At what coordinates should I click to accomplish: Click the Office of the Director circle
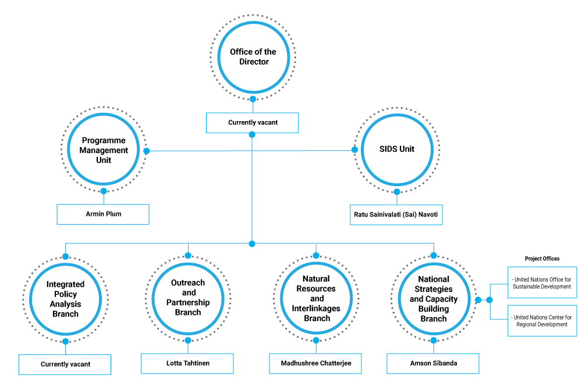pos(253,56)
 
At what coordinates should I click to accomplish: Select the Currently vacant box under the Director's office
pos(253,123)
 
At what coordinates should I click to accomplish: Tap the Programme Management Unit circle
pos(104,150)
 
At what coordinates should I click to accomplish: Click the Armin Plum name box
pos(103,214)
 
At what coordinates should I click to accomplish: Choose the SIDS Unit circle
pos(396,150)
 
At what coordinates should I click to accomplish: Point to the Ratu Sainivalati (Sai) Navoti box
pos(396,215)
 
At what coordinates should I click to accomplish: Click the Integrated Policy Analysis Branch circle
pos(65,299)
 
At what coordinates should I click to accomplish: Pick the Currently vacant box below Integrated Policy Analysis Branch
pos(65,364)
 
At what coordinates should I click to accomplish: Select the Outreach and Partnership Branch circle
pos(188,297)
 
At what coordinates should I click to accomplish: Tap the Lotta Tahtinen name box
pos(187,363)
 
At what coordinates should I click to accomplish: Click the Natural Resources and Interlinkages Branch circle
pos(317,298)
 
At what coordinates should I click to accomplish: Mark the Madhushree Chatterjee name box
pos(316,363)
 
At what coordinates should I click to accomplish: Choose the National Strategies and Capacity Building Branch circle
pos(434,299)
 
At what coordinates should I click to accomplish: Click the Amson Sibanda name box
pos(433,363)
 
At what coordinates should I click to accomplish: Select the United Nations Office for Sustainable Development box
pos(542,283)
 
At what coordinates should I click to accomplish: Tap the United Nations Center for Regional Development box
pos(542,321)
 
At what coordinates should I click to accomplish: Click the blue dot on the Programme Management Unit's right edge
pos(147,151)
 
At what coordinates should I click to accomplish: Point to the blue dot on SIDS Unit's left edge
pos(354,150)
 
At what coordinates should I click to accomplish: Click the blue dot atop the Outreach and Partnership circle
pos(187,255)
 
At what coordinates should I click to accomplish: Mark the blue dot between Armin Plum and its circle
pos(104,191)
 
